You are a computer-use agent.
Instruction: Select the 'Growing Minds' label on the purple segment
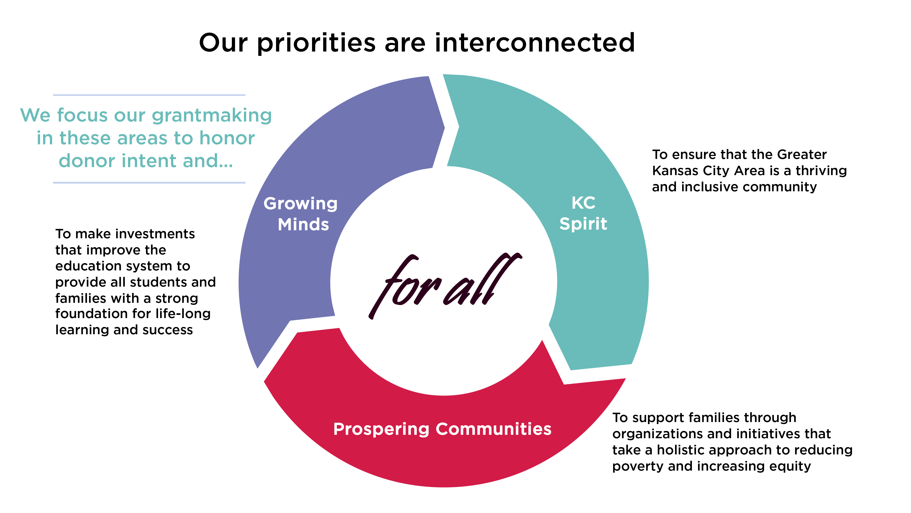coord(301,214)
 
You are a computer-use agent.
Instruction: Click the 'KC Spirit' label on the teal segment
coord(583,213)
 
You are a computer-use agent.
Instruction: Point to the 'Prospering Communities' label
coord(443,429)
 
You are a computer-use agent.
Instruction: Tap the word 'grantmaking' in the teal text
coord(212,116)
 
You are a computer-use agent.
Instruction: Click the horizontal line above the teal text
coord(149,95)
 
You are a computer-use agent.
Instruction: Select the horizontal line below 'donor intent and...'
coord(149,183)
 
